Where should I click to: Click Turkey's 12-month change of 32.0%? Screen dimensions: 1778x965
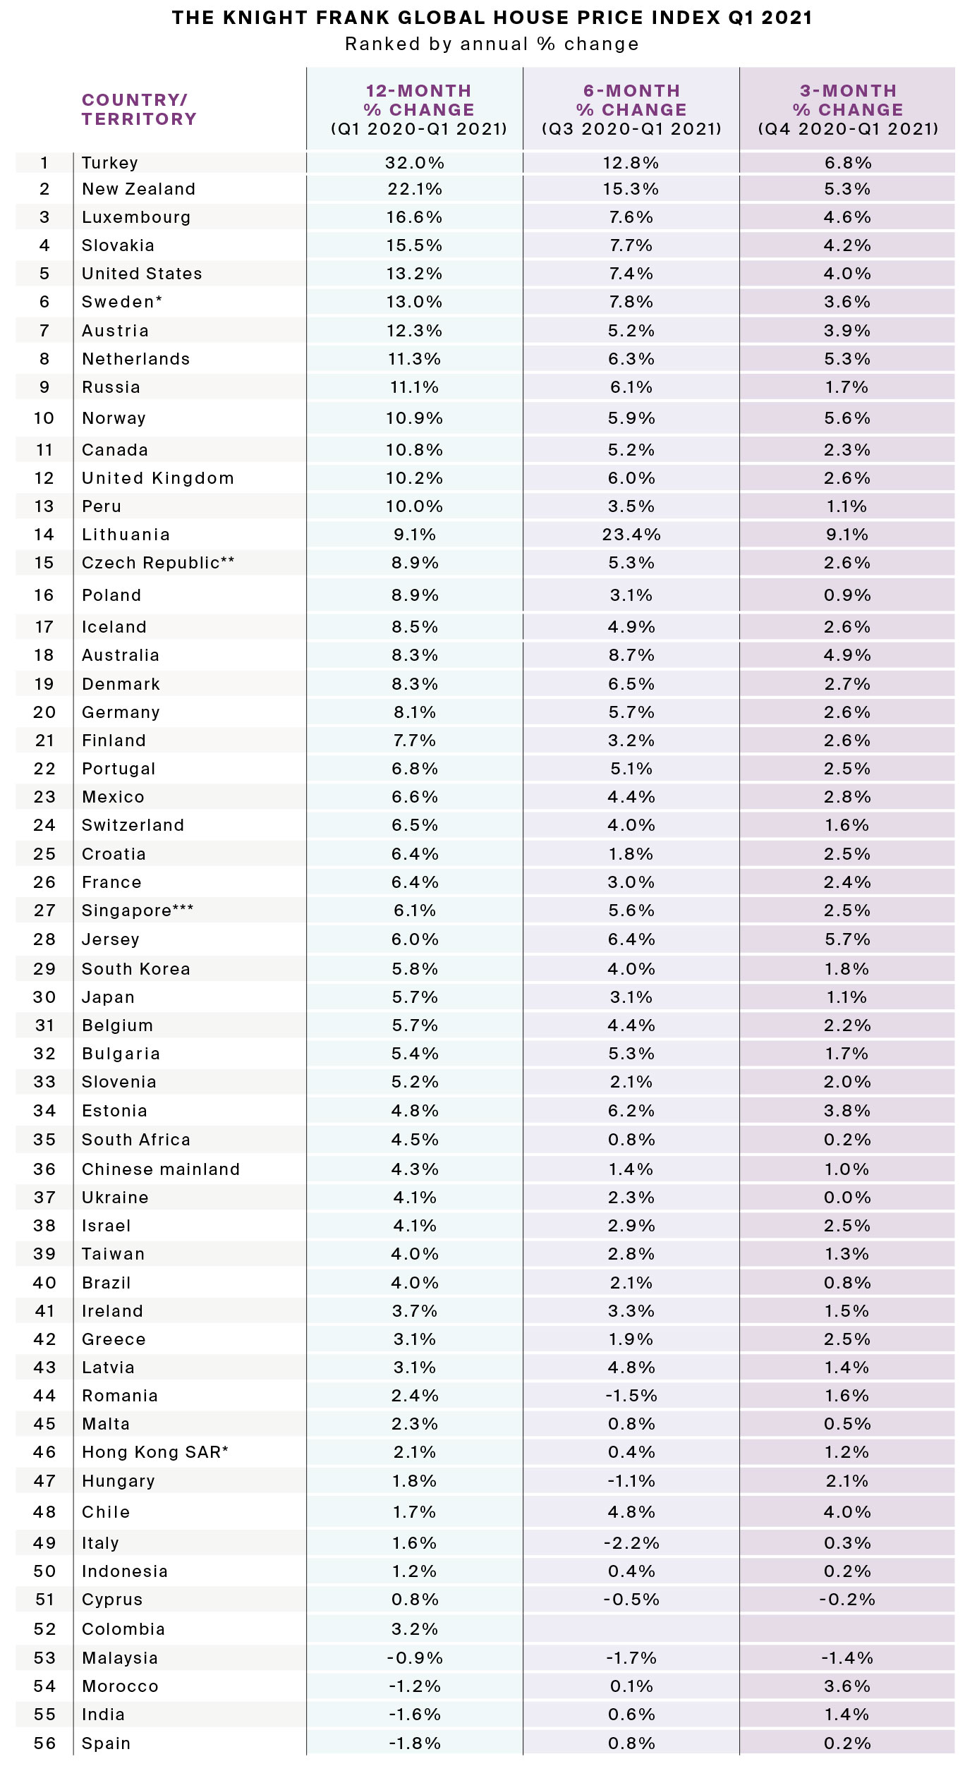coord(414,163)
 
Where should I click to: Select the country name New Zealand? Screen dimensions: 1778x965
coord(138,189)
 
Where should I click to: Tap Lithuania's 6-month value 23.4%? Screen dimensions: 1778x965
coord(631,535)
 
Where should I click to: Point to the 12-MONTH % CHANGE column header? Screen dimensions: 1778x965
coord(418,109)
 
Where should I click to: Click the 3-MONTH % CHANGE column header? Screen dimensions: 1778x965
coord(847,109)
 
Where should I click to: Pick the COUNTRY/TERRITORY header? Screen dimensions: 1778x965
coord(138,109)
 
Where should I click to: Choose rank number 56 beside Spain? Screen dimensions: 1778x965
coord(44,1743)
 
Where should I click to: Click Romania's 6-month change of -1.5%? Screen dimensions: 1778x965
coord(631,1396)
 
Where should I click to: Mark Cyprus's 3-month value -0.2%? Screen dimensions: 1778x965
coord(846,1600)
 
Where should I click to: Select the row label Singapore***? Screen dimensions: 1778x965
coord(138,911)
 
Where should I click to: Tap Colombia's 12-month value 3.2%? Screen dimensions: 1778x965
coord(414,1629)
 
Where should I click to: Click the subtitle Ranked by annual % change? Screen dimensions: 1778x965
coord(492,44)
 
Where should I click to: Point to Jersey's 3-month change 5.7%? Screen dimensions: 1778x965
coord(846,939)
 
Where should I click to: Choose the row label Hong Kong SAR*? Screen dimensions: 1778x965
coord(155,1452)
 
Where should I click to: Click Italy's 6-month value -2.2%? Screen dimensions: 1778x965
coord(631,1543)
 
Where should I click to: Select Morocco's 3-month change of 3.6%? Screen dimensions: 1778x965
coord(846,1686)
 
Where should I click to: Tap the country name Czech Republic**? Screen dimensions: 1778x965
coord(158,563)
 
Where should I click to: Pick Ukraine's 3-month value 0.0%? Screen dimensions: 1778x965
coord(846,1198)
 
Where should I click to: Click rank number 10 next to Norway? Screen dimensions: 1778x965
coord(44,418)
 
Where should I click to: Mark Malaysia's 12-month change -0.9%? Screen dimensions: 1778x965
coord(414,1658)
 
